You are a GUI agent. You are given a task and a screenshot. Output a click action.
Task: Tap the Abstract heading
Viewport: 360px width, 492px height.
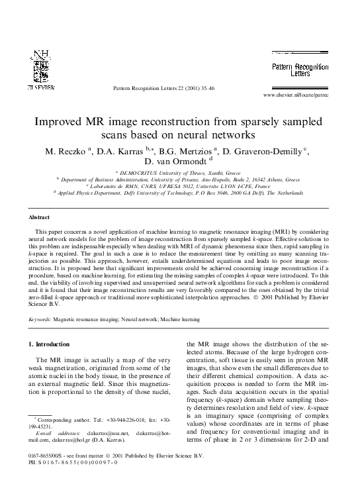(39, 217)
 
